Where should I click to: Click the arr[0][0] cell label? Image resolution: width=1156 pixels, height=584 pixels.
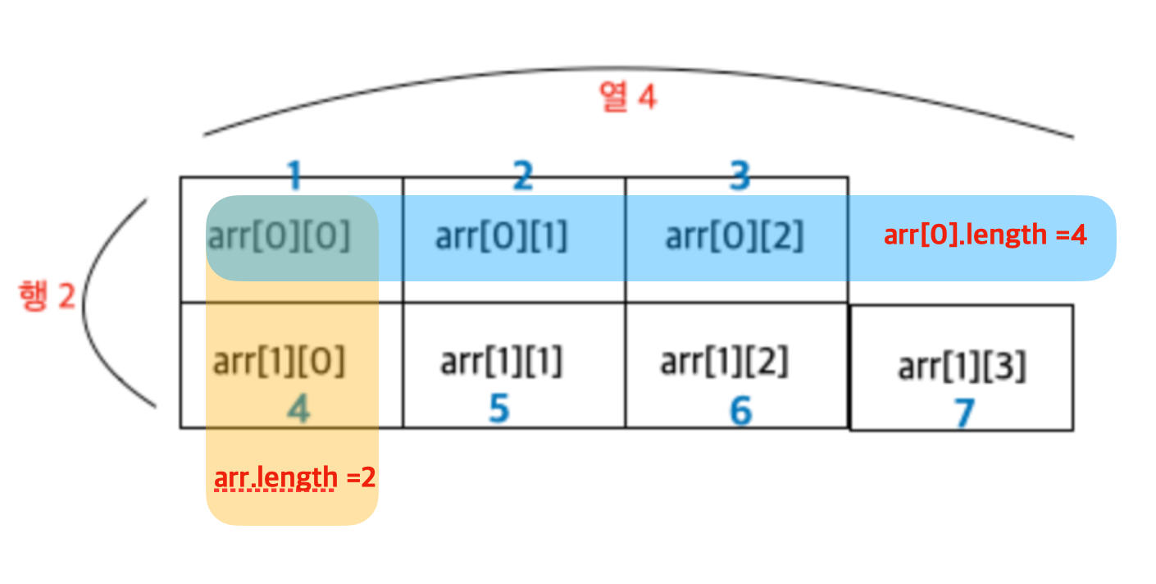[279, 237]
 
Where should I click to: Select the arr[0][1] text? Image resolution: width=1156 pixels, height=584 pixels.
[501, 237]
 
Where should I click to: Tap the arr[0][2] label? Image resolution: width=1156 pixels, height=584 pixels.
[734, 237]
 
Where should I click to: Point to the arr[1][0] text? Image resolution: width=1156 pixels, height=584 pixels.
[279, 361]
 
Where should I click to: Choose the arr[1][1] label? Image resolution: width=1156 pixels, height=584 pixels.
[501, 361]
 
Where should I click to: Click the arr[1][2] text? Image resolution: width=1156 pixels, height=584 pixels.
[724, 361]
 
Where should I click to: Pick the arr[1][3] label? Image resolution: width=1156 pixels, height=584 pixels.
[962, 367]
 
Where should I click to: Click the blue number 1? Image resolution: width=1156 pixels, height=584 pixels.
[294, 176]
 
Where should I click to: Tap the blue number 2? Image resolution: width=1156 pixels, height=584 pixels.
[522, 176]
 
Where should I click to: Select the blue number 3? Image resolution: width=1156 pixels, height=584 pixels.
[740, 176]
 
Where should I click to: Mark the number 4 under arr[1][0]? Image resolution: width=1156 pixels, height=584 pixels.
[298, 409]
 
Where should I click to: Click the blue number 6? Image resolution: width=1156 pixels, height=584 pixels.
[741, 411]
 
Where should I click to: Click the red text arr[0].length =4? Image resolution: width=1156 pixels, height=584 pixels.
[985, 236]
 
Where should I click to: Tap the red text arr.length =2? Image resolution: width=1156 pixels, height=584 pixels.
[294, 477]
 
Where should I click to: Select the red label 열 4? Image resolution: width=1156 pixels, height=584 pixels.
[628, 98]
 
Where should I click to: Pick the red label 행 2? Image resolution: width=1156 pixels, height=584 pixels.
[47, 297]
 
